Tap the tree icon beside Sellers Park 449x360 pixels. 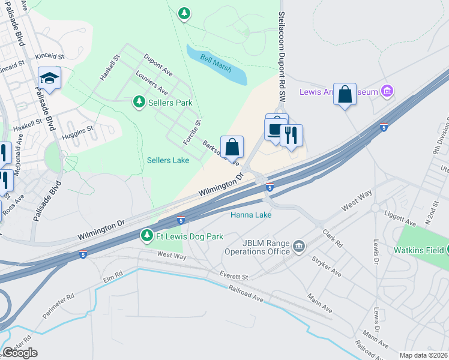coord(139,102)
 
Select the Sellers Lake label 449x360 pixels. coord(169,160)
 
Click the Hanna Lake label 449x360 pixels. coord(252,214)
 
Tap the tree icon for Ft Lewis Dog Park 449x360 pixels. coord(146,236)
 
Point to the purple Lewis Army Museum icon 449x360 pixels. coord(388,92)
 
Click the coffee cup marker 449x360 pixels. coord(276,130)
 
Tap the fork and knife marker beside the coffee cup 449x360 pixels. coord(292,135)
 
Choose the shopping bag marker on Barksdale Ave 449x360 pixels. coord(232,147)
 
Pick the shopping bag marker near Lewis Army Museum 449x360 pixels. coord(345,94)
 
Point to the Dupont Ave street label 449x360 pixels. coord(158,65)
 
